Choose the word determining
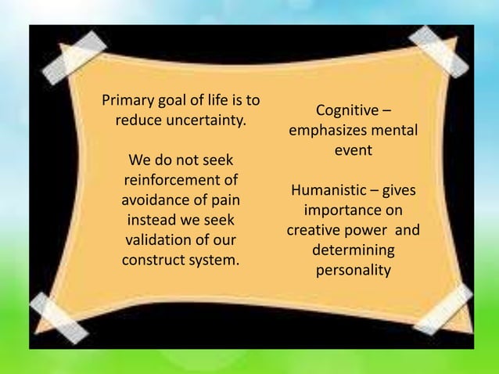point(353,251)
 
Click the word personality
point(353,271)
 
